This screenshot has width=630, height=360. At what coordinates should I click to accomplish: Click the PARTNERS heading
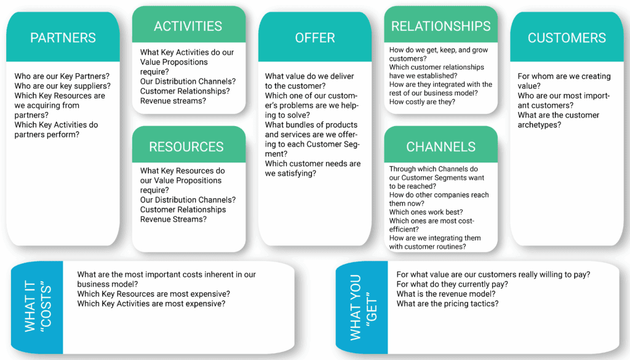[x=63, y=38]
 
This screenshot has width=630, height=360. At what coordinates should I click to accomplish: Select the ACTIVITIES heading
[x=188, y=26]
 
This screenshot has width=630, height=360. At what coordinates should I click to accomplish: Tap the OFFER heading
[x=314, y=38]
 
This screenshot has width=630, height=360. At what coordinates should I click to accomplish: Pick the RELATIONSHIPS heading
[x=441, y=26]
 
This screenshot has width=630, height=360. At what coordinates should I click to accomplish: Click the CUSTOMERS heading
[x=567, y=38]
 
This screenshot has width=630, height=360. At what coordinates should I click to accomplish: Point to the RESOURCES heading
[x=186, y=147]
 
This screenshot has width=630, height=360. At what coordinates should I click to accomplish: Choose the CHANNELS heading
[x=441, y=147]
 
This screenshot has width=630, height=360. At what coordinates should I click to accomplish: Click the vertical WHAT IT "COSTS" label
[x=37, y=308]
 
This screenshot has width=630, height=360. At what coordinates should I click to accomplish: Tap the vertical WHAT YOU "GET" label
[x=362, y=308]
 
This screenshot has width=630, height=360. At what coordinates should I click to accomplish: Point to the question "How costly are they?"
[x=422, y=102]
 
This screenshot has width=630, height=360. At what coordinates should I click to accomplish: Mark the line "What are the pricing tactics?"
[x=447, y=304]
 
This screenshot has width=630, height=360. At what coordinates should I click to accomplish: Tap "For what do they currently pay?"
[x=452, y=284]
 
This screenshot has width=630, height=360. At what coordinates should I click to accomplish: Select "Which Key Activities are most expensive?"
[x=151, y=304]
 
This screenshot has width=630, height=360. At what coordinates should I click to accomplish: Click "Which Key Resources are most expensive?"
[x=153, y=294]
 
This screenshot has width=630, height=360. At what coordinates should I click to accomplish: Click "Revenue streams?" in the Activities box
[x=173, y=101]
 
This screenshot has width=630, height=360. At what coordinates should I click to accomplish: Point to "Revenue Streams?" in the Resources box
[x=173, y=220]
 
